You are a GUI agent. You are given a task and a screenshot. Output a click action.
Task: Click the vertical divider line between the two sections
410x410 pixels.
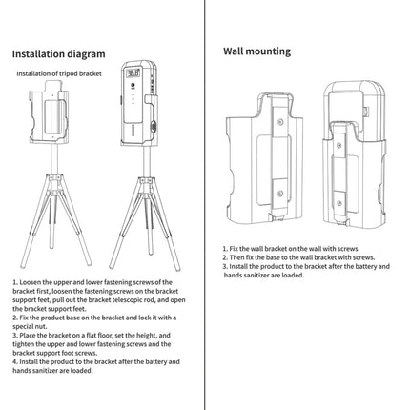tap(205, 191)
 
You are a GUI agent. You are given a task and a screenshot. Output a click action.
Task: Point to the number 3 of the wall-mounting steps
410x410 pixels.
tap(226, 267)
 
